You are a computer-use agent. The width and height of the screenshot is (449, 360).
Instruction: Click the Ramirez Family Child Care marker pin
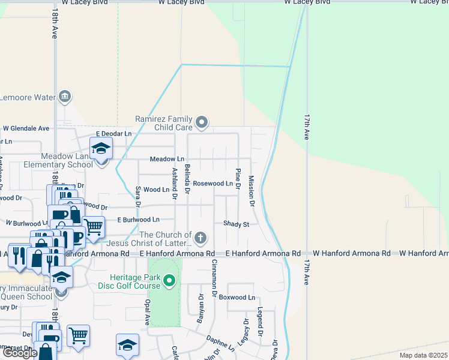point(202,123)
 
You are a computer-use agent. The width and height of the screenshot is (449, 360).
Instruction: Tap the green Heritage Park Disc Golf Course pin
point(170,280)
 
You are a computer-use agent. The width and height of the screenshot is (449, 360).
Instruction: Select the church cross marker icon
point(200,239)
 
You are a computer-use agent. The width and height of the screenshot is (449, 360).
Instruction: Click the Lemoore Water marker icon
point(65,97)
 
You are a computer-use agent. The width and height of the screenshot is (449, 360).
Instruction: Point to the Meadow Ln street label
point(167,159)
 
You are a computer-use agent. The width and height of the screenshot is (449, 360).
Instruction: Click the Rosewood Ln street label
point(212,184)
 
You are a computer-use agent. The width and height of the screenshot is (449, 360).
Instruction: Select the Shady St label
point(236,224)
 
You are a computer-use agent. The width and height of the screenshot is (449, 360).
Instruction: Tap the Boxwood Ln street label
point(237,298)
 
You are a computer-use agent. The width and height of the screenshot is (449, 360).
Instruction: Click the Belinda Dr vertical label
point(187,179)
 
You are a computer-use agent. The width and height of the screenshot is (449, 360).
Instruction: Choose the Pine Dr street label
point(238,179)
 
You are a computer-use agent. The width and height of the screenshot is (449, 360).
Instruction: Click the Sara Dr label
point(137,196)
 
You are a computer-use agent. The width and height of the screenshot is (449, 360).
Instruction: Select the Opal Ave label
point(146,313)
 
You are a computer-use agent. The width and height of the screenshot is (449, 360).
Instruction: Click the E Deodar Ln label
point(113,134)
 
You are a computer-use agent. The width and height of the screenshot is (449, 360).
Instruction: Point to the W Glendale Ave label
point(26,128)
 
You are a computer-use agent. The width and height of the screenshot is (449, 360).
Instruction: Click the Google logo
point(20,353)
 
